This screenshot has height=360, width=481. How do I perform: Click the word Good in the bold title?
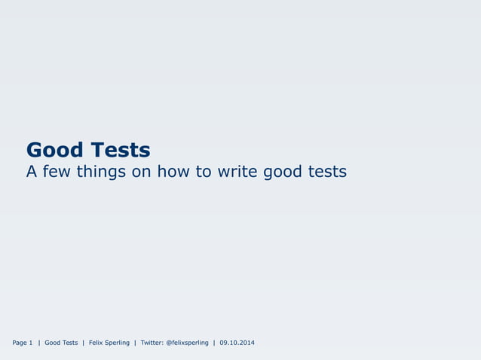54,150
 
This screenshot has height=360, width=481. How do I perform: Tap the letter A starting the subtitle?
32,172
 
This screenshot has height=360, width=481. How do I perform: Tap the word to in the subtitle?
204,172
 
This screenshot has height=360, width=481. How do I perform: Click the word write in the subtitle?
237,172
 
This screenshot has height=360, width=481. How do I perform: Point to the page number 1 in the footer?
31,343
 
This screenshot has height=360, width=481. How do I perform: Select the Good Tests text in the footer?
61,343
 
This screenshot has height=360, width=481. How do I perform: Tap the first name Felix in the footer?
97,343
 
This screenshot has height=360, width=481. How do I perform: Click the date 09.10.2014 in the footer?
237,343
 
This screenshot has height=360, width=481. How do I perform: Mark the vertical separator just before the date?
214,343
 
